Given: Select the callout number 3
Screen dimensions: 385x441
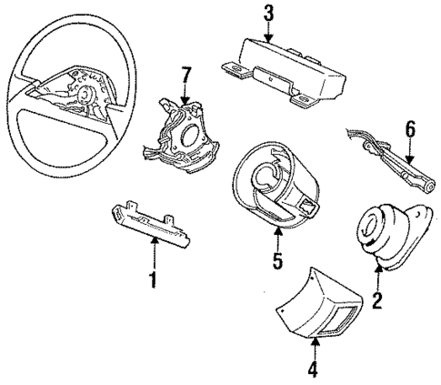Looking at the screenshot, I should coord(268,13).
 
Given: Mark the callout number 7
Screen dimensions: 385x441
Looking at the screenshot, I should coord(186,72).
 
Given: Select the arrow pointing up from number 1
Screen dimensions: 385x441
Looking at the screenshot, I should coord(153,255).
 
